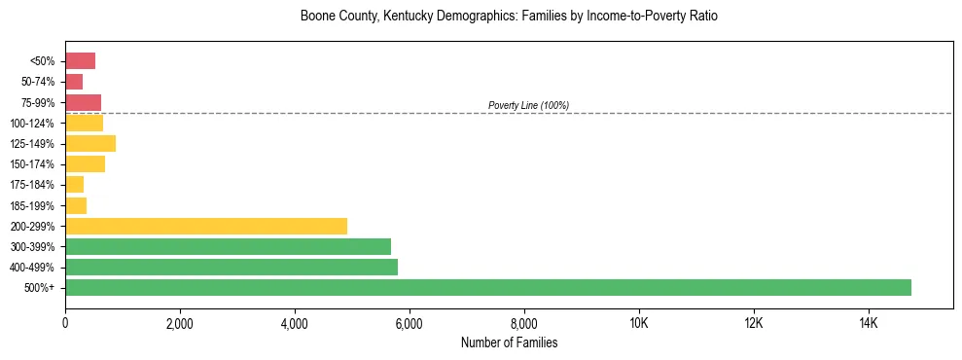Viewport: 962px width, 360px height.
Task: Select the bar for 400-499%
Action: (x=232, y=267)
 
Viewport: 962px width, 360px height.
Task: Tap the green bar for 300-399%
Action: (x=228, y=246)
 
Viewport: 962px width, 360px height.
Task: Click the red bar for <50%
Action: (x=80, y=61)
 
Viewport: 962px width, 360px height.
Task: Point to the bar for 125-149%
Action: (x=90, y=144)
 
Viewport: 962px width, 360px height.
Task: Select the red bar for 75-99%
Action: (x=83, y=102)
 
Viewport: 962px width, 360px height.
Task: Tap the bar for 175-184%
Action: (x=74, y=185)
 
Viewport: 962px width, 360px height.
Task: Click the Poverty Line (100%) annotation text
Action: (x=528, y=105)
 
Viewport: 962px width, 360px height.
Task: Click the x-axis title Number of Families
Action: (x=509, y=342)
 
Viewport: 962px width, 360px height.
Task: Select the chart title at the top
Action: (x=509, y=17)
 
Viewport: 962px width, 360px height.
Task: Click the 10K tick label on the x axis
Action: (x=639, y=322)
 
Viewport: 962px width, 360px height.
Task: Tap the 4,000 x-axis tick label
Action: (x=295, y=322)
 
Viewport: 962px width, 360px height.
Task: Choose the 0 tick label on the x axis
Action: (x=65, y=322)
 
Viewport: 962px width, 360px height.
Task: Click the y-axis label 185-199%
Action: (x=34, y=205)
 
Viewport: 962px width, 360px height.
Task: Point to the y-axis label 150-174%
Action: (x=34, y=164)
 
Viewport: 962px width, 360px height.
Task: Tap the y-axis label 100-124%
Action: (x=34, y=124)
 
